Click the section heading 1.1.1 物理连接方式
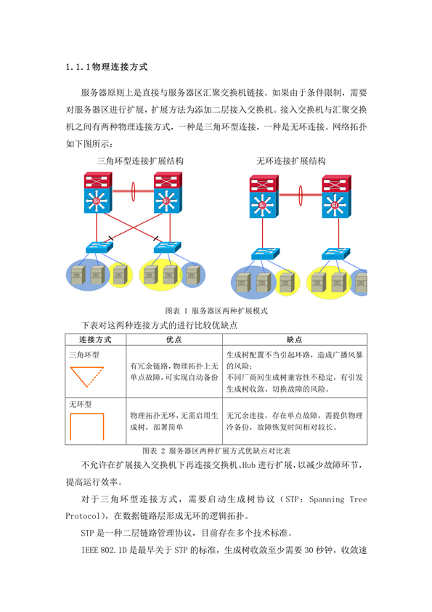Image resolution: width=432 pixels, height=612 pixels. tap(107, 67)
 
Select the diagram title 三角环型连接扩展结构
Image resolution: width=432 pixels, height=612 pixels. tap(140, 161)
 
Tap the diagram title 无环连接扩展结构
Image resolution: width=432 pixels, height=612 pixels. tap(291, 161)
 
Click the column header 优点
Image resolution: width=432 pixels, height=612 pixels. tap(174, 339)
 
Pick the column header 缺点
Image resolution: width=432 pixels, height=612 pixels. tap(294, 339)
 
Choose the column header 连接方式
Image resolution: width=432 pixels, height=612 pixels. tap(96, 339)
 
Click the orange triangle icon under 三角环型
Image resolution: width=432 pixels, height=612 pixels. tap(86, 377)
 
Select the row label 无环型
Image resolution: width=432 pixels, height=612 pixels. tap(81, 404)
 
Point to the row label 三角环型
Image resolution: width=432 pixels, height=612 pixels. tap(84, 355)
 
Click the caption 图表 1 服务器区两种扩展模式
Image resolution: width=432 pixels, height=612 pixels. tap(216, 310)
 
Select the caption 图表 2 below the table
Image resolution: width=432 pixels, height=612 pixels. tap(216, 451)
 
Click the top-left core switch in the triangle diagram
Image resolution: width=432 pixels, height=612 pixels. tap(98, 193)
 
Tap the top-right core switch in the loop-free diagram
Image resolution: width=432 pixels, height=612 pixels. tap(336, 196)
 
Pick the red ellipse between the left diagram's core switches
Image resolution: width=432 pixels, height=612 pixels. tap(133, 191)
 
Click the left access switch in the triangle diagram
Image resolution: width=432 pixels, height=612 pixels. tap(99, 247)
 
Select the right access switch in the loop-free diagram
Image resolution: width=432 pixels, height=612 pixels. tap(335, 254)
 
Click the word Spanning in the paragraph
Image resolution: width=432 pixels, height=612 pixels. tap(327, 499)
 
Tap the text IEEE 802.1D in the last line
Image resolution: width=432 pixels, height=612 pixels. tap(104, 550)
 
